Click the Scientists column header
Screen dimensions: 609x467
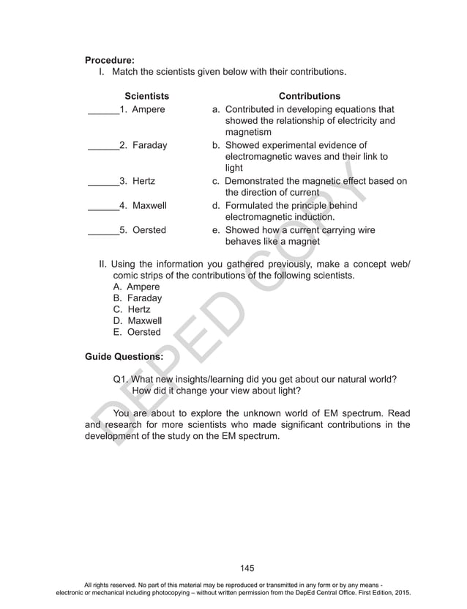point(146,96)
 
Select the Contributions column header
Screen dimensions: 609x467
point(310,96)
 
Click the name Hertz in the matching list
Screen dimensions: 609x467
point(143,180)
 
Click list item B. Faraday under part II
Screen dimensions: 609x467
point(138,298)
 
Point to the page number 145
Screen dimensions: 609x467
point(247,568)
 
